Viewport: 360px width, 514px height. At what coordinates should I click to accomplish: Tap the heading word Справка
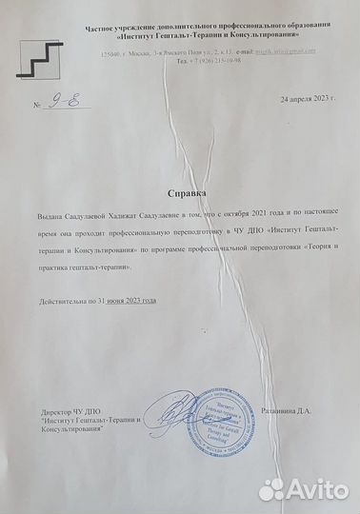(x=180, y=190)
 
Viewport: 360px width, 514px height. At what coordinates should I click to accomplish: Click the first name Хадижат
(x=130, y=218)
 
